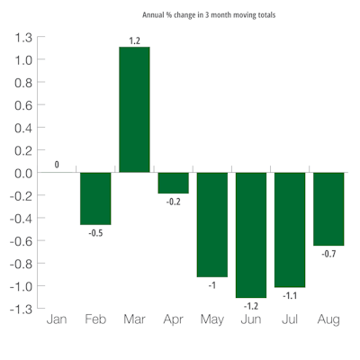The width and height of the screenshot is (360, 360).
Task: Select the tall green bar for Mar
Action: [x=134, y=110]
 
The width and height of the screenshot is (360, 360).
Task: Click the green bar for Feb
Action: [x=95, y=199]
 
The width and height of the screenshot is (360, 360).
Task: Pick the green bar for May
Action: [x=212, y=225]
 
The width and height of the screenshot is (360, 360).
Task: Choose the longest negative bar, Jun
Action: [x=251, y=235]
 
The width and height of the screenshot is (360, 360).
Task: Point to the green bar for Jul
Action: [x=290, y=230]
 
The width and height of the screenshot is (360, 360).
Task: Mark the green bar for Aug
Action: [x=328, y=209]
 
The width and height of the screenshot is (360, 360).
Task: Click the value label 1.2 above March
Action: [x=134, y=40]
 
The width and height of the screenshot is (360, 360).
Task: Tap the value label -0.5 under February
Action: [x=95, y=233]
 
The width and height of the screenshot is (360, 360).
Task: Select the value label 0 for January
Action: [x=57, y=165]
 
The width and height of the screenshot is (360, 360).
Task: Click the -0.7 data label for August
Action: [x=328, y=255]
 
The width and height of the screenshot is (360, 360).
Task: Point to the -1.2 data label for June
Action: [x=251, y=306]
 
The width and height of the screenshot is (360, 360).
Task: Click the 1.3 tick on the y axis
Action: [x=22, y=38]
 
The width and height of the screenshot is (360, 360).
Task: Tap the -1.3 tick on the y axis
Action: [x=20, y=309]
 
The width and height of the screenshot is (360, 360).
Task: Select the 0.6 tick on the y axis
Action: [x=22, y=105]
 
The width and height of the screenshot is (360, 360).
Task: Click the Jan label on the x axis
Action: [x=57, y=319]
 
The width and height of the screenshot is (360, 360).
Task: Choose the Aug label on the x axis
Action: [x=328, y=319]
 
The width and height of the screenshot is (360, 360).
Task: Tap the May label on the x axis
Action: [x=212, y=319]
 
